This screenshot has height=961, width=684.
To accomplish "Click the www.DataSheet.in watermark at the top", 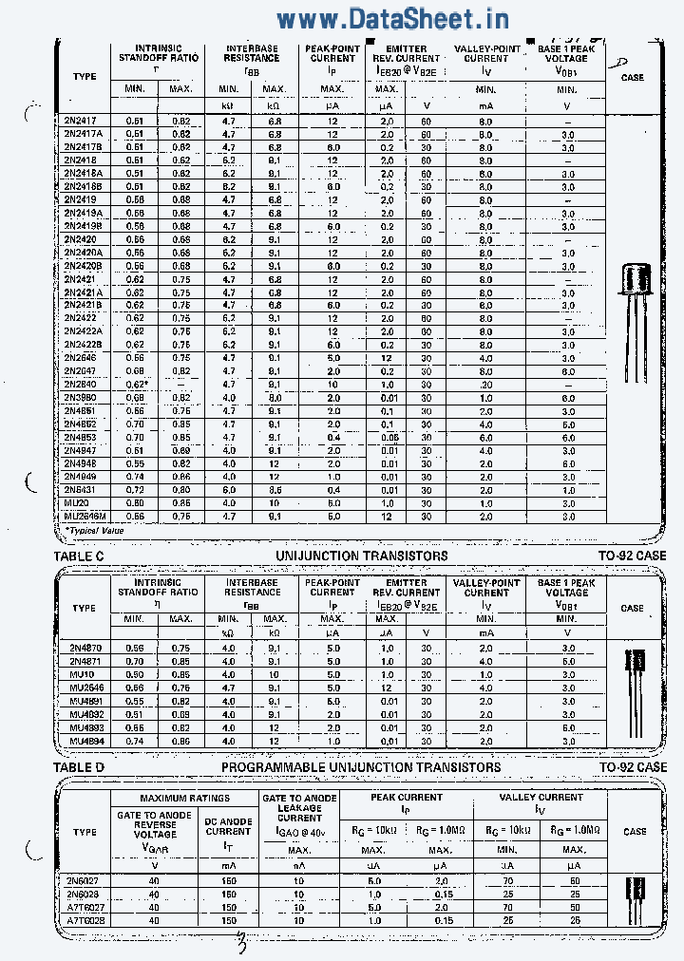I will click(x=392, y=18).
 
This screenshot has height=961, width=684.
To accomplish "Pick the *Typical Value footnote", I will click(x=94, y=530).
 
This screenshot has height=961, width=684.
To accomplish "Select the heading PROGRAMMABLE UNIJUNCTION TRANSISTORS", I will click(x=361, y=766).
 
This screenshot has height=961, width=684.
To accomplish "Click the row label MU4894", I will click(x=86, y=741).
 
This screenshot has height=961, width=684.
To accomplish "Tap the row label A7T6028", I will click(x=86, y=920).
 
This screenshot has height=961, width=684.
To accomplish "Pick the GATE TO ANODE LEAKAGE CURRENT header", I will click(x=299, y=808).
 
